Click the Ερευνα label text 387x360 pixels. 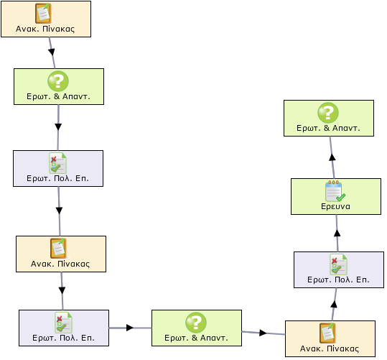pos(335,206)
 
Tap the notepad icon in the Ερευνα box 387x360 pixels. pos(335,190)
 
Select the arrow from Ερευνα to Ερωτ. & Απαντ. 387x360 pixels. pos(332,157)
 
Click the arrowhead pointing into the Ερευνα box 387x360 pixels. pos(337,233)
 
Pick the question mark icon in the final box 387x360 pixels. pos(327,113)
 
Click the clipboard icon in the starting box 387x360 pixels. pos(43,14)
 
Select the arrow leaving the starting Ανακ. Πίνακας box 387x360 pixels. pos(52,53)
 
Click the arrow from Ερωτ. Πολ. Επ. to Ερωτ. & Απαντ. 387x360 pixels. pos(130,328)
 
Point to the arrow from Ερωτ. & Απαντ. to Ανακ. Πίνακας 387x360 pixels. pos(264,333)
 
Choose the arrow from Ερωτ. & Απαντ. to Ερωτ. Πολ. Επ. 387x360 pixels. pos(58,127)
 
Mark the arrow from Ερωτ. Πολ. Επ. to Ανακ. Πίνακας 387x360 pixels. pos(59,211)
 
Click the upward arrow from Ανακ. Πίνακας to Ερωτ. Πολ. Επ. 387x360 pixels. pos(334,305)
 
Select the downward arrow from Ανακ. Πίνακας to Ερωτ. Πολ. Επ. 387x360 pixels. pos(62,291)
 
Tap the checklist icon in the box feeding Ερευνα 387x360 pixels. pos(338,264)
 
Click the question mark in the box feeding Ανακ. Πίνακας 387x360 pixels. pos(196,322)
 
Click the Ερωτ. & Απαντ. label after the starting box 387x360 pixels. pos(58,96)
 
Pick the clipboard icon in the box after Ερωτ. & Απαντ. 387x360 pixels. pos(327,333)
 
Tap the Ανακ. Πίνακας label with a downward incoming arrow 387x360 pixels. pos(60,264)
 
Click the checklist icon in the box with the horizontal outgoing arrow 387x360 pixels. pos(63,323)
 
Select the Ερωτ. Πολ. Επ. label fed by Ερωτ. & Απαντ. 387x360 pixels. pos(57,178)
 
